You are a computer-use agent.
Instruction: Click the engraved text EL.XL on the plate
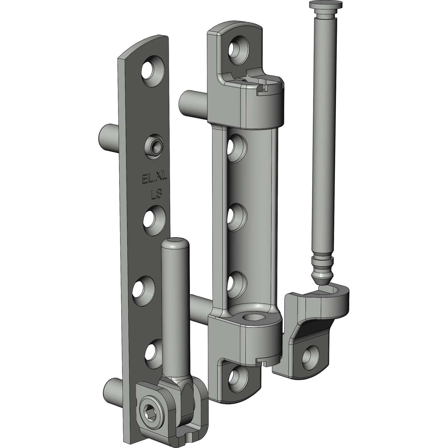(155, 178)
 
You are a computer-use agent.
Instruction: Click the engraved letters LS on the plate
(157, 194)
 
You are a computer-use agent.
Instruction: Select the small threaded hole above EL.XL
(153, 147)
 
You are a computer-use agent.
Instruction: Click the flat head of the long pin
(326, 5)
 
